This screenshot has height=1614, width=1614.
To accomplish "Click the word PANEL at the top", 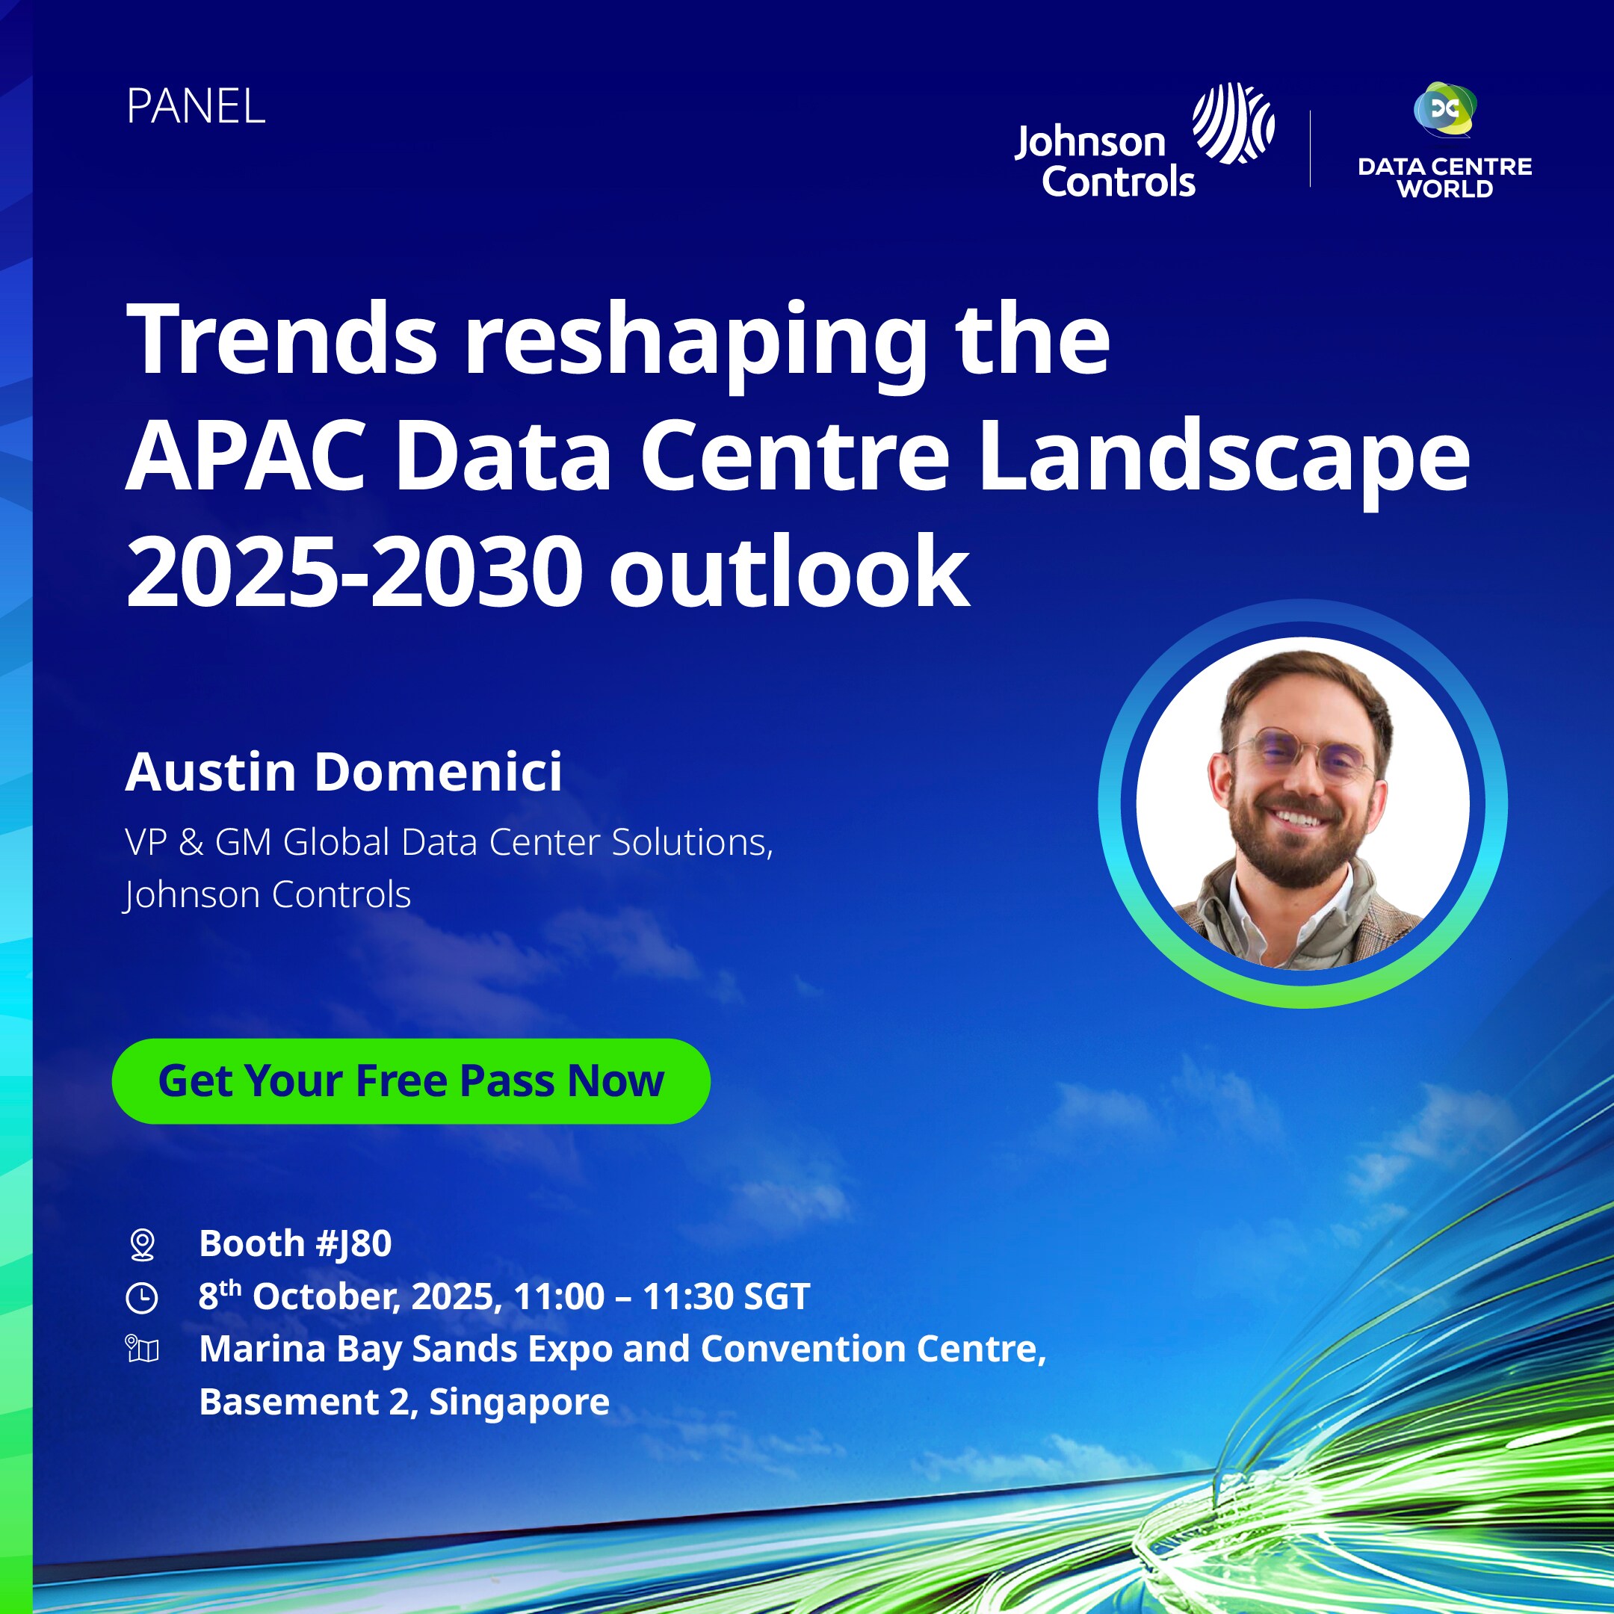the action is tap(196, 107).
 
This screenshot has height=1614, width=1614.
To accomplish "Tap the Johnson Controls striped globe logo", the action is tap(1233, 123).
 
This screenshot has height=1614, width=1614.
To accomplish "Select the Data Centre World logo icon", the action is tap(1444, 109).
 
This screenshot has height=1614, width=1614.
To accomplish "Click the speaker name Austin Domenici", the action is tap(344, 771).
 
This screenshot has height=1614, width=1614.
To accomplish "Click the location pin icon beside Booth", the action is tap(143, 1245).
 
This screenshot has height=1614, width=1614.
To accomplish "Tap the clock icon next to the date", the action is tap(141, 1298).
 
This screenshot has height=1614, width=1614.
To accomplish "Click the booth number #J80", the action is tap(355, 1244).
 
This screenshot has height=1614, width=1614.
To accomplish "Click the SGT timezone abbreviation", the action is tap(777, 1296).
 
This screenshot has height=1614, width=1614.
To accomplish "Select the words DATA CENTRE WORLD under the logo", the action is tap(1444, 177).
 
